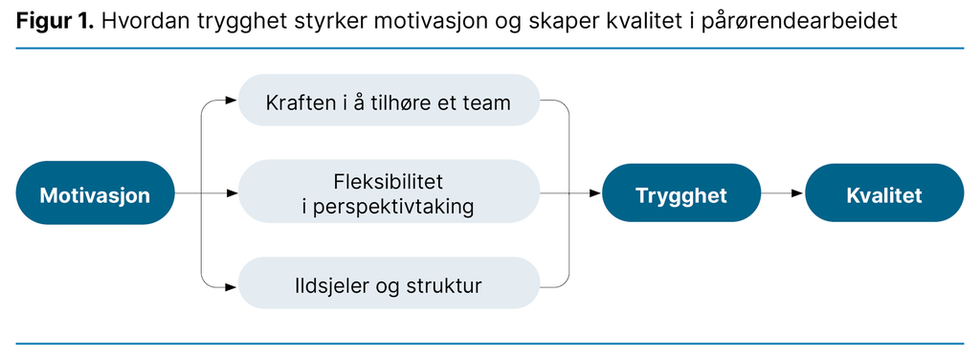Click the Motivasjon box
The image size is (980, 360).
point(95,193)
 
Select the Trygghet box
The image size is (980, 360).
point(681,194)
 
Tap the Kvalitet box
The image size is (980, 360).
point(883,194)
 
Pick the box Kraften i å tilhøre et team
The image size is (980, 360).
point(388,101)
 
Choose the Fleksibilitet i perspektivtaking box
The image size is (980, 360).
point(388,193)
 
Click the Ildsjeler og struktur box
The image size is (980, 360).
point(388,284)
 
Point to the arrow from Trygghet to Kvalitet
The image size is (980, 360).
point(782,194)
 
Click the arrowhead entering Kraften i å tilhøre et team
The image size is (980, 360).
point(232,100)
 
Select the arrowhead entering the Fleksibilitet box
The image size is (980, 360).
point(232,193)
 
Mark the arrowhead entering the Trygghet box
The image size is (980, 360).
point(595,194)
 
